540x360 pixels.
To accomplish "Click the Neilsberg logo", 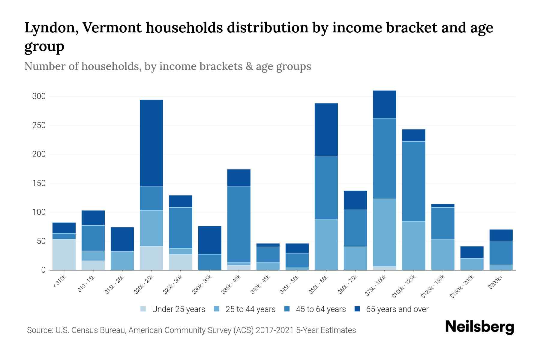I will (479, 327).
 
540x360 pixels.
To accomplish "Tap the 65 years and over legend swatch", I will (357, 309).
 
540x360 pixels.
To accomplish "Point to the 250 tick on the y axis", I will (39, 125).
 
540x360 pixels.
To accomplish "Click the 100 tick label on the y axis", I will (39, 212).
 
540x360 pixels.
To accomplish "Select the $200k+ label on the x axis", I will (495, 283).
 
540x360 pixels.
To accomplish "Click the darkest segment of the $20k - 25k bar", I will (151, 143).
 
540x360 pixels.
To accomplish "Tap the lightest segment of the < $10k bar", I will (64, 254).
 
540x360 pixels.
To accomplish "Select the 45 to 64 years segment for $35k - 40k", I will (239, 224).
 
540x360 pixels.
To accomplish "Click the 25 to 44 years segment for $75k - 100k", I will (385, 232).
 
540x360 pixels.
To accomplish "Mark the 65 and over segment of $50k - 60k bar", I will (326, 130).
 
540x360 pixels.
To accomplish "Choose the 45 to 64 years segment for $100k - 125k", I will (414, 181).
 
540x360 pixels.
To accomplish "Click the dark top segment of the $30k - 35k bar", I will (210, 240).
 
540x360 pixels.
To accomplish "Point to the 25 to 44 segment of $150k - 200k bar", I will (472, 264).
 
